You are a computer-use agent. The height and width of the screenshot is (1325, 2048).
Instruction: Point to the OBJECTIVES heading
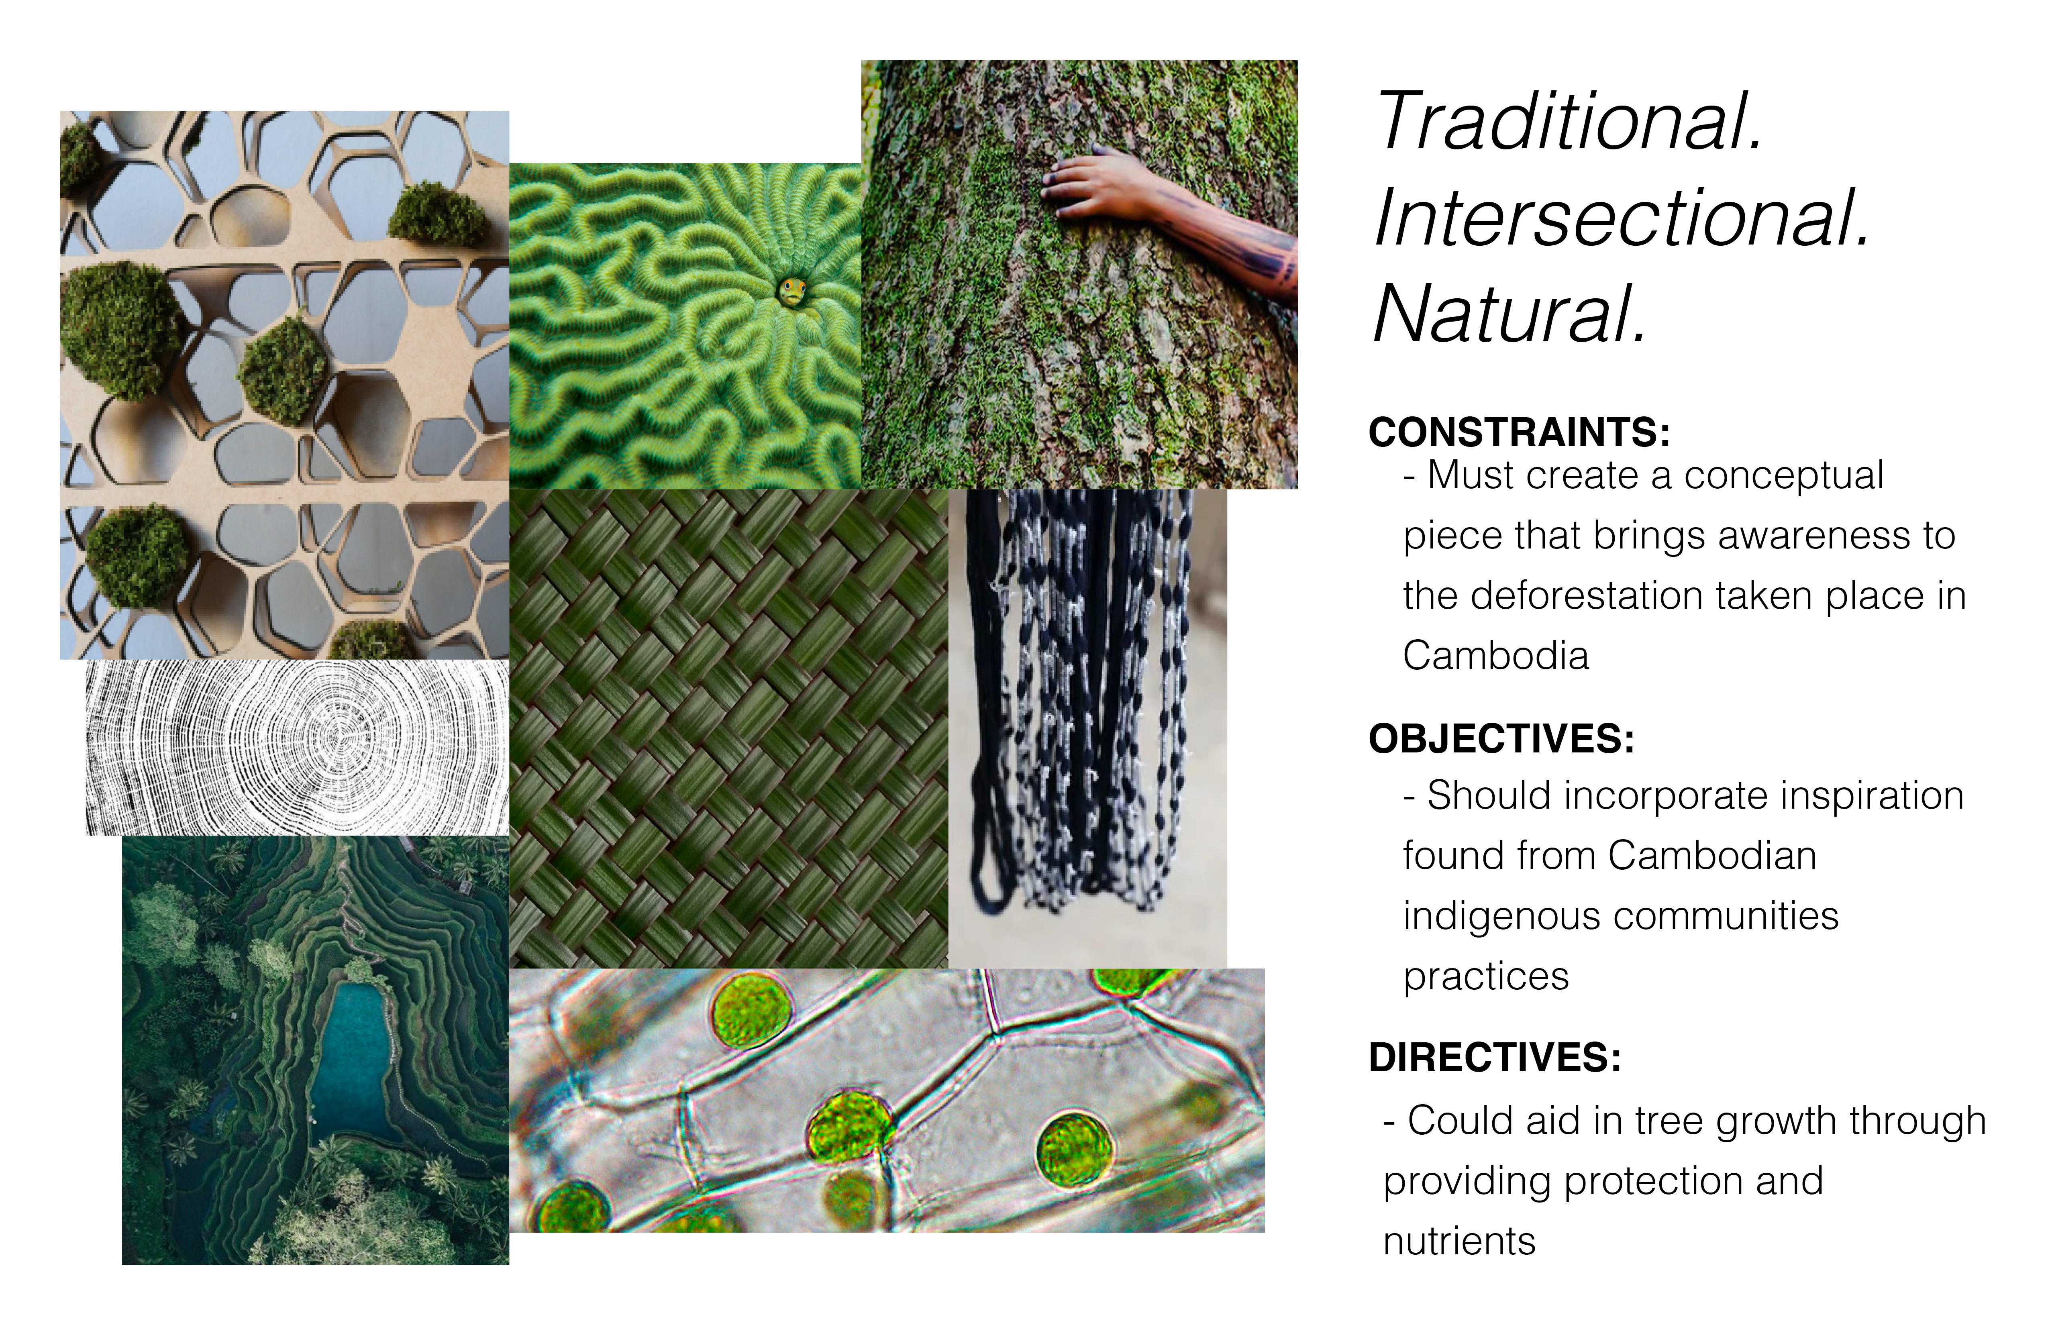pyautogui.click(x=1501, y=738)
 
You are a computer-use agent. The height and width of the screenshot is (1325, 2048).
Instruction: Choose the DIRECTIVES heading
pyautogui.click(x=1495, y=1058)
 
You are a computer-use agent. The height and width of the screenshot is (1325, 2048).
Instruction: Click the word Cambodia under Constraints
pyautogui.click(x=1495, y=656)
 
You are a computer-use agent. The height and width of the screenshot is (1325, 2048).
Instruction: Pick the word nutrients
pyautogui.click(x=1459, y=1241)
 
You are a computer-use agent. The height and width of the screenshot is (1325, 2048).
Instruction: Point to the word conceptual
pyautogui.click(x=1784, y=476)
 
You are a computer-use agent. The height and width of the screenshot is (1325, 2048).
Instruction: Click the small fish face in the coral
pyautogui.click(x=793, y=290)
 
